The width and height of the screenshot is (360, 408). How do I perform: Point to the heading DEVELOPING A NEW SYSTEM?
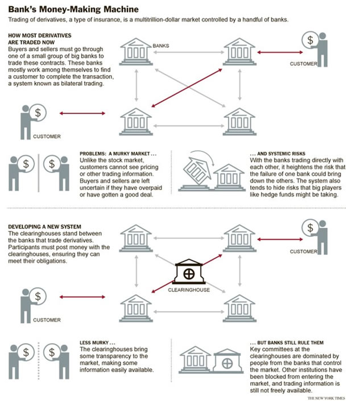45,226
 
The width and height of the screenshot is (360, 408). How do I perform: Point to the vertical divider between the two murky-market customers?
39,171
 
